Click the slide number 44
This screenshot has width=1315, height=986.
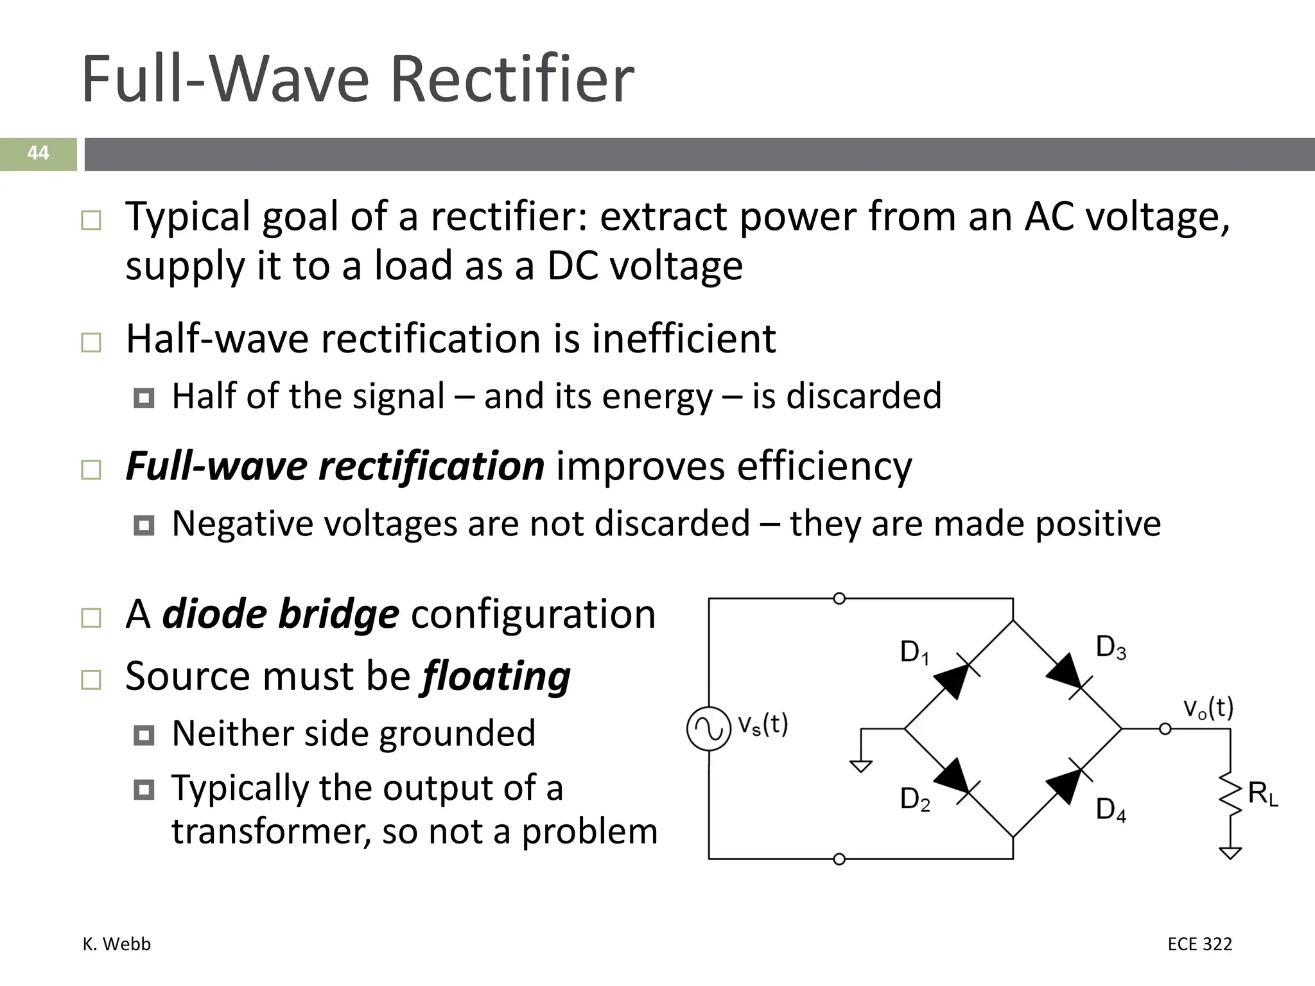coord(38,153)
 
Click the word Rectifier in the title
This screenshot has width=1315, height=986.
coord(512,80)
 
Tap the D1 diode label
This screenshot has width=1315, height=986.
coord(914,653)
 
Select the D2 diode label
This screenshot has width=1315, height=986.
coord(915,800)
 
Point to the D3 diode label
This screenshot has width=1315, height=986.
coord(1111,648)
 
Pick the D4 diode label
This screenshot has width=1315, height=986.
coord(1111,810)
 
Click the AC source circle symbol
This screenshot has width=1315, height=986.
coord(709,729)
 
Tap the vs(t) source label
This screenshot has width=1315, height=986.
coord(762,725)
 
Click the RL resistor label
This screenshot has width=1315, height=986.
coord(1262,795)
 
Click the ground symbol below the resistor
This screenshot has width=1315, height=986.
coord(1230,853)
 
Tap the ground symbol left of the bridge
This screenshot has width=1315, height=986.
coord(861,766)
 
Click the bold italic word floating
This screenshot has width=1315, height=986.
coord(496,677)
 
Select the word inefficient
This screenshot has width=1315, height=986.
coord(684,339)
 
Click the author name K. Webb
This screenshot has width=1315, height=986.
coord(117,944)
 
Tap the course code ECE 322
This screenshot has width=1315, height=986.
coord(1199,944)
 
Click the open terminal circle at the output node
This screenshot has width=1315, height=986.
coord(1165,729)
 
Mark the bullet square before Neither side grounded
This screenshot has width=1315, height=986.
coord(144,735)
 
